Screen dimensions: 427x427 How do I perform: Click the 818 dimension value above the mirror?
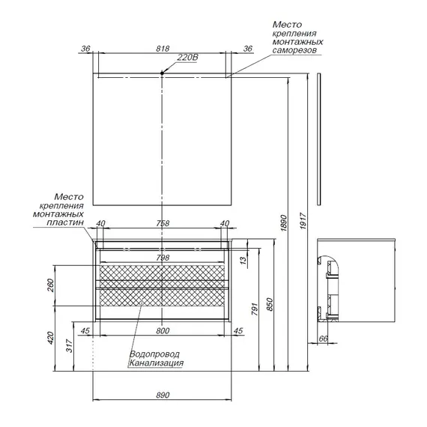click(163, 49)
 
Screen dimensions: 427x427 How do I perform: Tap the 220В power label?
click(187, 58)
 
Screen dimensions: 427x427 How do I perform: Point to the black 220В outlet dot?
click(162, 73)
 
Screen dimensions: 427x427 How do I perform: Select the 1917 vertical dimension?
click(303, 221)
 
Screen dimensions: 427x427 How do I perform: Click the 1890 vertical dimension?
click(284, 223)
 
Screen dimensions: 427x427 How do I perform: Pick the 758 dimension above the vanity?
click(163, 223)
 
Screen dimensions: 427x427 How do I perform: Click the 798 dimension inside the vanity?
click(163, 258)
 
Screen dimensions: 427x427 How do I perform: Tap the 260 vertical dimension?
click(51, 285)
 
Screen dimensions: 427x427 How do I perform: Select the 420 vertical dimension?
click(51, 338)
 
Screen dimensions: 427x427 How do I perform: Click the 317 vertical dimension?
click(70, 346)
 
